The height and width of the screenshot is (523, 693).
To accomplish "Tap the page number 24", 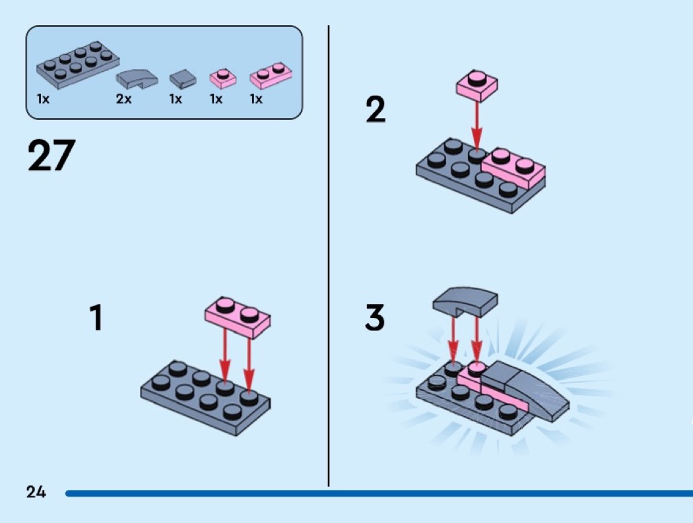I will click(x=36, y=491).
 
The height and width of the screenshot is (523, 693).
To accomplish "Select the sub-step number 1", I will click(x=96, y=317).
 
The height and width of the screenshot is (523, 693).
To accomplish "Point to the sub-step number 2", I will click(x=376, y=109).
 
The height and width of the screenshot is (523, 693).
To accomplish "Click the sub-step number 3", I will click(x=375, y=318).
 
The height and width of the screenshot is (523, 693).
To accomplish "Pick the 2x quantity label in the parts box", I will click(x=123, y=100).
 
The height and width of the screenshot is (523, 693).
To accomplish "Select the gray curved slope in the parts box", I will click(x=137, y=80).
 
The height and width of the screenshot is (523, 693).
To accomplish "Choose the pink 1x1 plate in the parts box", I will click(x=223, y=78).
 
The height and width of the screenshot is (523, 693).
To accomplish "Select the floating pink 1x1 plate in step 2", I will click(x=477, y=85).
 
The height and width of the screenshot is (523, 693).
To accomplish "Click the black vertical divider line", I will click(x=329, y=257).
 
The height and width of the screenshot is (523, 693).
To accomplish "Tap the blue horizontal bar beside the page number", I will click(x=376, y=493).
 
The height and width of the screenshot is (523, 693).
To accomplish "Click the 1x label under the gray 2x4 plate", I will click(x=43, y=100).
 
